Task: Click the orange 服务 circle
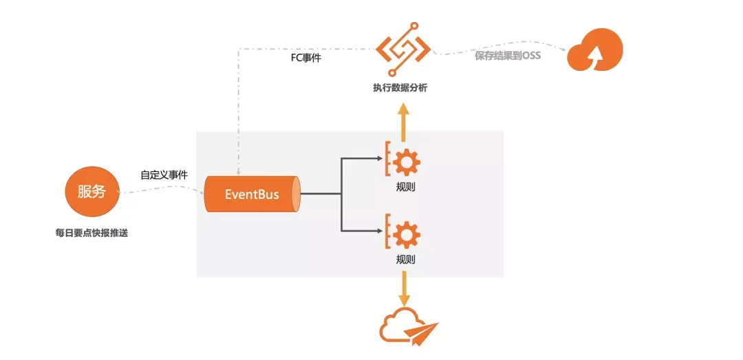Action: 91,193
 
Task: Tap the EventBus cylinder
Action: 252,194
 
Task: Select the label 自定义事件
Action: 164,175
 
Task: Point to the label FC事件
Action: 305,59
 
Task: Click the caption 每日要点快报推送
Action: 91,233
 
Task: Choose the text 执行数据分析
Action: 400,87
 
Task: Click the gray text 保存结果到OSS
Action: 508,56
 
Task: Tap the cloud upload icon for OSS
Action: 595,50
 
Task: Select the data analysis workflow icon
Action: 402,49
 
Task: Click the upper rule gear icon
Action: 403,161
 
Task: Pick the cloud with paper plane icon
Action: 409,324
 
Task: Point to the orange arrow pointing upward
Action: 403,123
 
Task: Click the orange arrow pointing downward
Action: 403,288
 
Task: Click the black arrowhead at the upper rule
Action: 380,159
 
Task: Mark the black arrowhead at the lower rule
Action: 380,231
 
